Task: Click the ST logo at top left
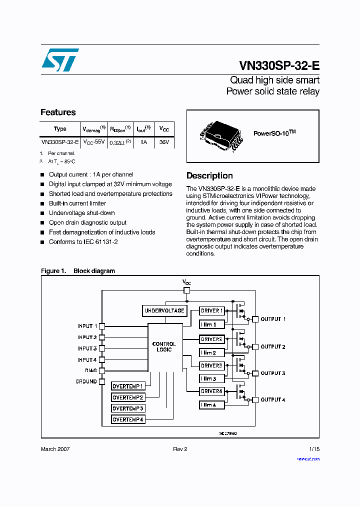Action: (x=60, y=60)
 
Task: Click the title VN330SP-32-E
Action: (x=279, y=65)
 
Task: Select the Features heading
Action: (x=58, y=112)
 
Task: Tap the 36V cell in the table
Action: (x=164, y=142)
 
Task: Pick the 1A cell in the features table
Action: (x=143, y=142)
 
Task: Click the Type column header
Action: (x=60, y=129)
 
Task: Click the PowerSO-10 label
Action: (x=274, y=133)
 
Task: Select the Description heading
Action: (x=209, y=176)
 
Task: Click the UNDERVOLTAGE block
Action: (x=164, y=310)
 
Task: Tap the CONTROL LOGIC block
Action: (x=164, y=346)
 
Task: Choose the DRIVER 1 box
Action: (x=211, y=310)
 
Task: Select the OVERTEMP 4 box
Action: (x=128, y=419)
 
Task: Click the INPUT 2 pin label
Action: (x=87, y=337)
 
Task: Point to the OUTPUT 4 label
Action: (x=273, y=399)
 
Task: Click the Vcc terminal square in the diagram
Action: (x=186, y=290)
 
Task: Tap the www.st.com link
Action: (x=308, y=458)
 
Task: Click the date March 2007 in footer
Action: (x=55, y=449)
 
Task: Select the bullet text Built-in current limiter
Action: (x=77, y=203)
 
